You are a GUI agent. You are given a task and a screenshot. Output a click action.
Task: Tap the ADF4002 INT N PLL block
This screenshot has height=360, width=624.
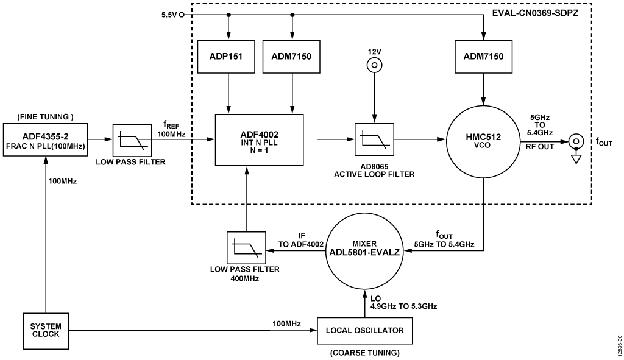coord(260,139)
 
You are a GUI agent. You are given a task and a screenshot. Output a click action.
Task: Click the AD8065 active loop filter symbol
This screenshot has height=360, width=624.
coord(374,139)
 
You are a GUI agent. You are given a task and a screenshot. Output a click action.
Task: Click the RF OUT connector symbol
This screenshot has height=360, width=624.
coord(575,139)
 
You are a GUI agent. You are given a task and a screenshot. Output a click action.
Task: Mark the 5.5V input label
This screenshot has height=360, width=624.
coord(168,13)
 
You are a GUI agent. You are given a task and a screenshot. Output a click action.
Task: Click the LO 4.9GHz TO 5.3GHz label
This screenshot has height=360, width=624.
coord(403,302)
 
